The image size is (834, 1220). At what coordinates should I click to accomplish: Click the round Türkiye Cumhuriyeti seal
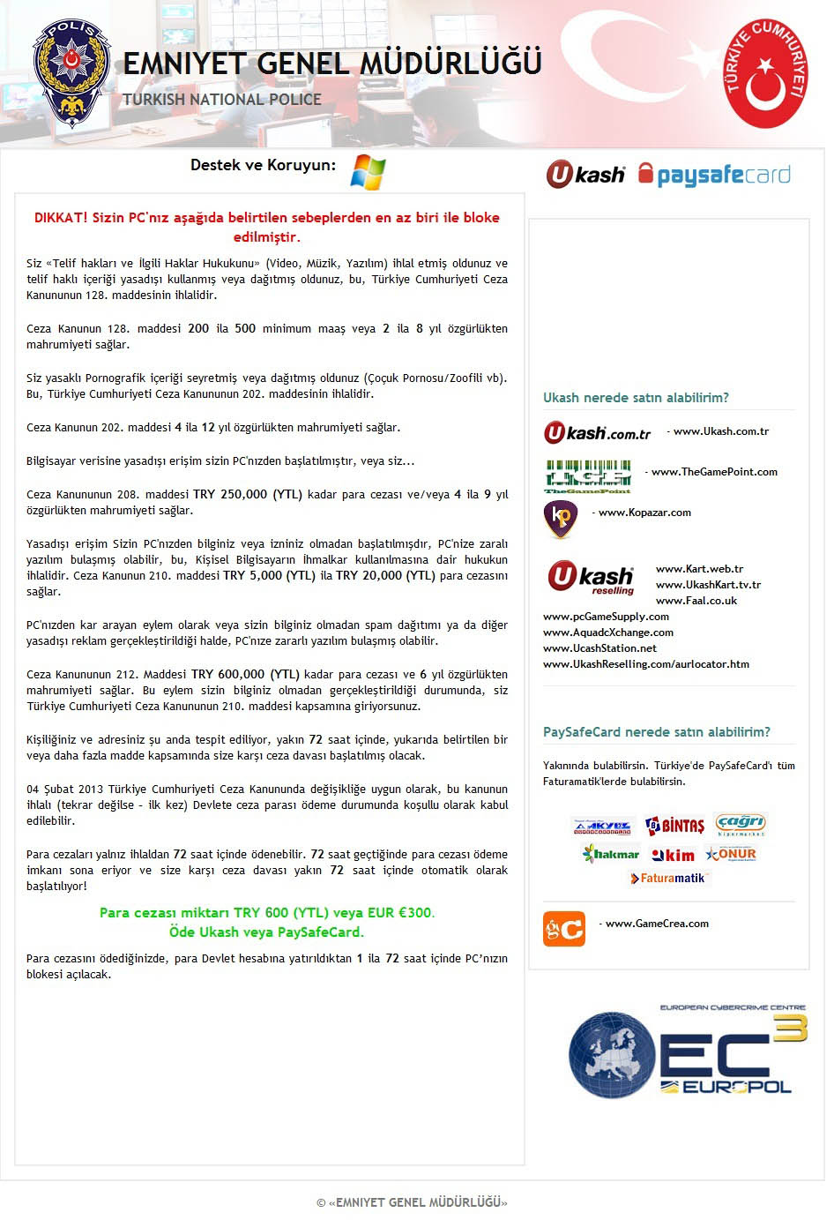pyautogui.click(x=766, y=74)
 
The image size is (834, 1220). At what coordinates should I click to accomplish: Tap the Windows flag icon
pyautogui.click(x=368, y=171)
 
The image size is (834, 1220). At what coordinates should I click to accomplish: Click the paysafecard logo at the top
pyautogui.click(x=714, y=175)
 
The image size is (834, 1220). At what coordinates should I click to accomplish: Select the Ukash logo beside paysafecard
pyautogui.click(x=585, y=175)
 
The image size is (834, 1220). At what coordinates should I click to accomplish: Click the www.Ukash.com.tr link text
pyautogui.click(x=720, y=431)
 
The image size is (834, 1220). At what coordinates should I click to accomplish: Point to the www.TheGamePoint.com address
pyautogui.click(x=714, y=472)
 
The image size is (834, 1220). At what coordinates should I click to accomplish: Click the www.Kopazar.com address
pyautogui.click(x=644, y=513)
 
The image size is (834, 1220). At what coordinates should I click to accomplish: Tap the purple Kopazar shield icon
pyautogui.click(x=561, y=519)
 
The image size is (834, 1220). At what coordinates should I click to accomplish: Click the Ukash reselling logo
pyautogui.click(x=591, y=579)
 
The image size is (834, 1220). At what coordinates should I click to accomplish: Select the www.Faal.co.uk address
pyautogui.click(x=696, y=601)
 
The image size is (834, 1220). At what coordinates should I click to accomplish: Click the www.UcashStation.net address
pyautogui.click(x=599, y=648)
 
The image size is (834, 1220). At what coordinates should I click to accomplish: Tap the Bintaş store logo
pyautogui.click(x=675, y=826)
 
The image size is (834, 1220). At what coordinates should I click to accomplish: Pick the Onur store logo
pyautogui.click(x=731, y=854)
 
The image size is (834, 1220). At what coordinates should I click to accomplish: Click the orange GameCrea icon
pyautogui.click(x=563, y=929)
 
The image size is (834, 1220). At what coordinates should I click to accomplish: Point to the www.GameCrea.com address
pyautogui.click(x=657, y=924)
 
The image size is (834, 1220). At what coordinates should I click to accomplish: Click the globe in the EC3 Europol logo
pyautogui.click(x=612, y=1055)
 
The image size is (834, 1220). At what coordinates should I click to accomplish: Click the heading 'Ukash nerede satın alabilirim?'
pyautogui.click(x=636, y=398)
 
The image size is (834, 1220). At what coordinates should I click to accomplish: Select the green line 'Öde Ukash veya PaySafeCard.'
pyautogui.click(x=266, y=932)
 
